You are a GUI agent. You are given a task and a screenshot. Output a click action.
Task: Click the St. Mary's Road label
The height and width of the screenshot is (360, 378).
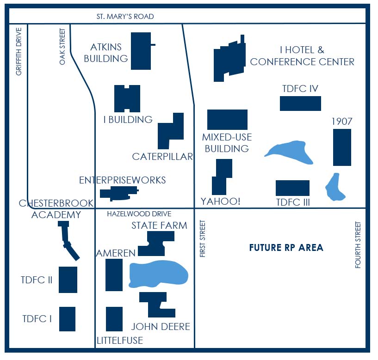125,16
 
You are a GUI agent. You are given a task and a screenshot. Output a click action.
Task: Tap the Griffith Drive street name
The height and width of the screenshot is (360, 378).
19,52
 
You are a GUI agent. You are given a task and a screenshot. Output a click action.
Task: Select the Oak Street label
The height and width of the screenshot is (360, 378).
62,47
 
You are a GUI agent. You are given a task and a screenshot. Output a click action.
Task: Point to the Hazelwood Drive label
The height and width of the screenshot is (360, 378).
139,214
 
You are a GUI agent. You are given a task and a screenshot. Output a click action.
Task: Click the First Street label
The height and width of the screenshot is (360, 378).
203,238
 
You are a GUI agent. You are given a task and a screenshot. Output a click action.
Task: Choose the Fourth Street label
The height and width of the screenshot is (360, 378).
358,245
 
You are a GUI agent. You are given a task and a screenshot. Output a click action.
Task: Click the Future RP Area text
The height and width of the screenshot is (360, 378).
286,248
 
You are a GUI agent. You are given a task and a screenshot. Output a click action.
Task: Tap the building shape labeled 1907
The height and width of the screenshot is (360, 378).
342,147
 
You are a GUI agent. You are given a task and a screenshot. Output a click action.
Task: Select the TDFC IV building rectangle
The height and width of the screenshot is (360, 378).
300,104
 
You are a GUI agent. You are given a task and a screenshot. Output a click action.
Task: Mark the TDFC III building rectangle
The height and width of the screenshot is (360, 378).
293,188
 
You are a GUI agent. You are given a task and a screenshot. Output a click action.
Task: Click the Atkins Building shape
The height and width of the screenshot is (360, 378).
141,51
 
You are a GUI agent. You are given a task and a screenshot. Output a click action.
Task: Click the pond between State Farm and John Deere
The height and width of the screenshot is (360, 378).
158,274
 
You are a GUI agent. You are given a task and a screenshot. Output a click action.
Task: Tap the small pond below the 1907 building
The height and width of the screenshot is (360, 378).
335,187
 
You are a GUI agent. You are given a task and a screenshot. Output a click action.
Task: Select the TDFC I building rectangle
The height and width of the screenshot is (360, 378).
67,319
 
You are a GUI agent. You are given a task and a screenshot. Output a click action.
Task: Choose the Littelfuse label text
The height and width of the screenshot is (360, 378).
120,341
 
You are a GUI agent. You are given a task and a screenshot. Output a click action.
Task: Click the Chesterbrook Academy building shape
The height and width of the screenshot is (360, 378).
68,241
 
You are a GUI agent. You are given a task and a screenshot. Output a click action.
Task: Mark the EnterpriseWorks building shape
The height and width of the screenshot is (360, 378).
119,193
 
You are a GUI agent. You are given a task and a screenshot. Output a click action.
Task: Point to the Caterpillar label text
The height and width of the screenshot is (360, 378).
162,157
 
